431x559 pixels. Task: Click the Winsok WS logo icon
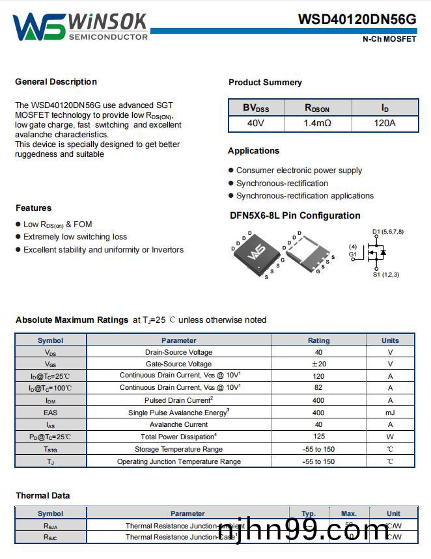38,27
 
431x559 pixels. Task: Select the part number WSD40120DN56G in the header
357,20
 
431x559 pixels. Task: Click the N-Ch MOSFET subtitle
389,39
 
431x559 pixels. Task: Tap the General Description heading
56,82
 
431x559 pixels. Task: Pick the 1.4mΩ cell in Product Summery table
317,123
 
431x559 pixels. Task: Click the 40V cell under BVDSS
256,123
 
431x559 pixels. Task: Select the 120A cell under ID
384,123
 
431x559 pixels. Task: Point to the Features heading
33,208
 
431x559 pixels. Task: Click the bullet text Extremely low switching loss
75,237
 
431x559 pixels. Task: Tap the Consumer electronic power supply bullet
299,170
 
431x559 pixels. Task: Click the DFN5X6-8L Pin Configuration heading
295,216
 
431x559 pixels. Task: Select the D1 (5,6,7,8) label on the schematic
388,232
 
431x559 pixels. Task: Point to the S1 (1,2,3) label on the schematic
386,275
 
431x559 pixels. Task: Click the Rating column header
318,340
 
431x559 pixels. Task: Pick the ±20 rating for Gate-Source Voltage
318,364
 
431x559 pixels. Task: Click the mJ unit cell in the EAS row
390,413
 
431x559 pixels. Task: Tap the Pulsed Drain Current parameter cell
178,400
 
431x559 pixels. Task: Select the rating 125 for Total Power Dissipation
318,437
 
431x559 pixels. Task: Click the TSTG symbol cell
50,449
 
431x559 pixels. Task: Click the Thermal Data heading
43,496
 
